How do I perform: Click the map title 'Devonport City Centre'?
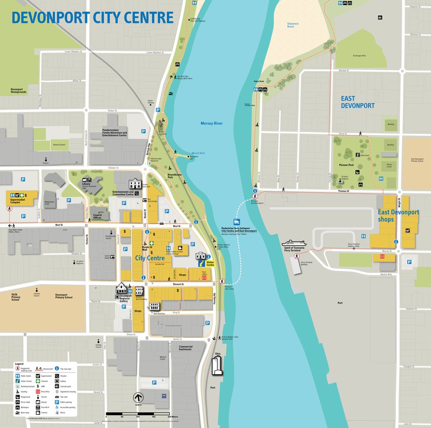tap(93, 17)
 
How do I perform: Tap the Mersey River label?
tap(211, 124)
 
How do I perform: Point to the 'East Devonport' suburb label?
tap(358, 102)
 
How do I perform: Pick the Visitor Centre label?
tap(210, 264)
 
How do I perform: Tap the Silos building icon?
tap(217, 365)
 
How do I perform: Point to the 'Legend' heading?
tap(19, 364)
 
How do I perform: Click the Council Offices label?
tap(101, 217)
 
